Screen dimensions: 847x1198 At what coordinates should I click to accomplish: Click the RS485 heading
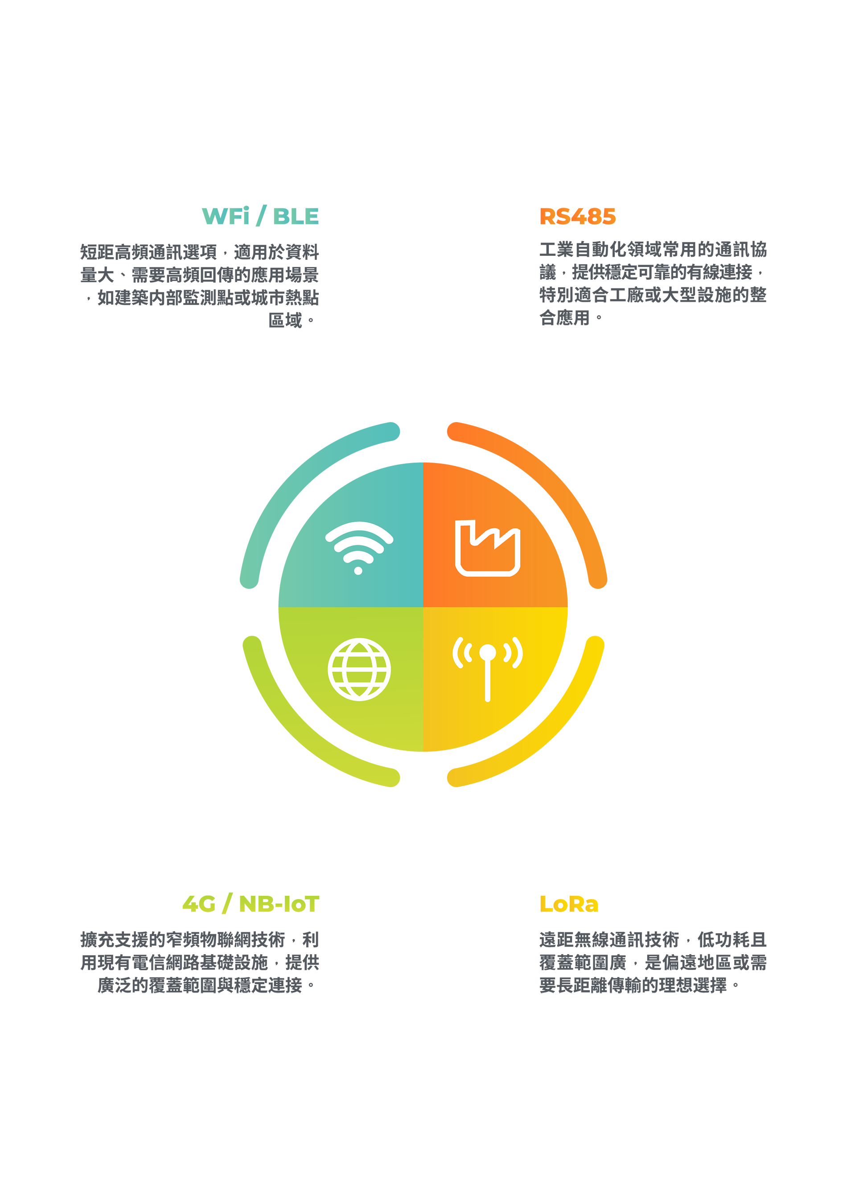[x=577, y=217]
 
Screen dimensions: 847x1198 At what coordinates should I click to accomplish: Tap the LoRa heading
[x=569, y=904]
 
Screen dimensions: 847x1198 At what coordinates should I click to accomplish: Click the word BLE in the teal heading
[x=296, y=217]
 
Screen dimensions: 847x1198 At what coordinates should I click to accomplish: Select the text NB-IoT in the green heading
[x=279, y=904]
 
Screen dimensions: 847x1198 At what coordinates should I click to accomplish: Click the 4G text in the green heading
[x=199, y=904]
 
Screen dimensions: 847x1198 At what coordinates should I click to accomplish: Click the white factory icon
[x=487, y=548]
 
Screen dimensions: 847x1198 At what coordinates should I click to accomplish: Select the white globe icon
[x=359, y=669]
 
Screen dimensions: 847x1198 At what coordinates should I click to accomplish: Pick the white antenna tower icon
[x=487, y=669]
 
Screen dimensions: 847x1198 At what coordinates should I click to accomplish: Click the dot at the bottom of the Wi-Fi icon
[x=358, y=570]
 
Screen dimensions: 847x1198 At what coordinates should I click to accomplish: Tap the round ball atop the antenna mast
[x=487, y=652]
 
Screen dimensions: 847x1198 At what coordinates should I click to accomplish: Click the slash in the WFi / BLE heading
[x=261, y=216]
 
